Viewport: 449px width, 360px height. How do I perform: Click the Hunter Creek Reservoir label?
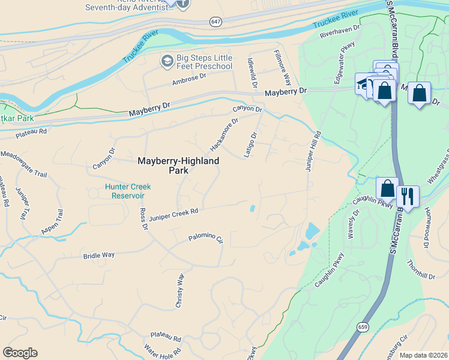[x=128, y=191]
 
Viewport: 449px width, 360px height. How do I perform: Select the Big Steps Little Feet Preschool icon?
[x=166, y=61]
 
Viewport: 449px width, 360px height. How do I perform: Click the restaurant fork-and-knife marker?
[x=408, y=196]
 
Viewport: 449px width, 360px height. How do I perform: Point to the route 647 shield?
[x=216, y=22]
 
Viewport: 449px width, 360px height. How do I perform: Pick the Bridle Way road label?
[x=99, y=255]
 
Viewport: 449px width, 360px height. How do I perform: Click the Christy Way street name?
[x=179, y=291]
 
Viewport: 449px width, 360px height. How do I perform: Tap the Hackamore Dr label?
[x=224, y=134]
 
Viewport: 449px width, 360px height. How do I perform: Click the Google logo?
[x=20, y=353]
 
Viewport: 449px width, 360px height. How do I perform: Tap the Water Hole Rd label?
[x=162, y=349]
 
